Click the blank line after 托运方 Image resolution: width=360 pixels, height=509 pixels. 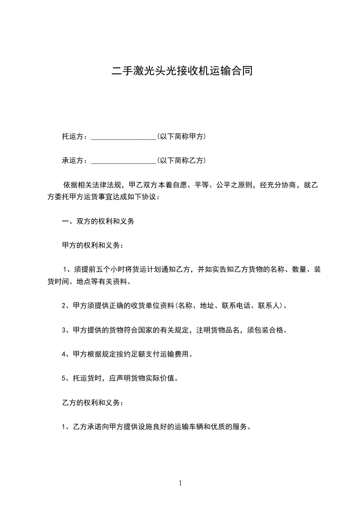123,137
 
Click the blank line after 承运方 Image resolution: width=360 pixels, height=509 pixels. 123,161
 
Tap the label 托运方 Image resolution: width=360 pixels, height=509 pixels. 73,137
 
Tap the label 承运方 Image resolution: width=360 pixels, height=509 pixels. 73,161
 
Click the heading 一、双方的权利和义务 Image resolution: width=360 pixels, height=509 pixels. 98,222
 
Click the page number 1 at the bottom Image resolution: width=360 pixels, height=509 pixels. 180,484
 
